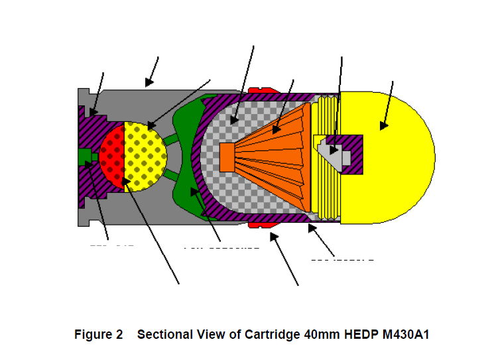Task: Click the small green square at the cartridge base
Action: (84, 157)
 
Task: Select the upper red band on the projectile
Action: (262, 88)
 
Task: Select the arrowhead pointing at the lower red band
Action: (273, 235)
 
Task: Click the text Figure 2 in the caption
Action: (98, 335)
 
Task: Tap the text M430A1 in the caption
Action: (405, 335)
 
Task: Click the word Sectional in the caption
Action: (163, 335)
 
